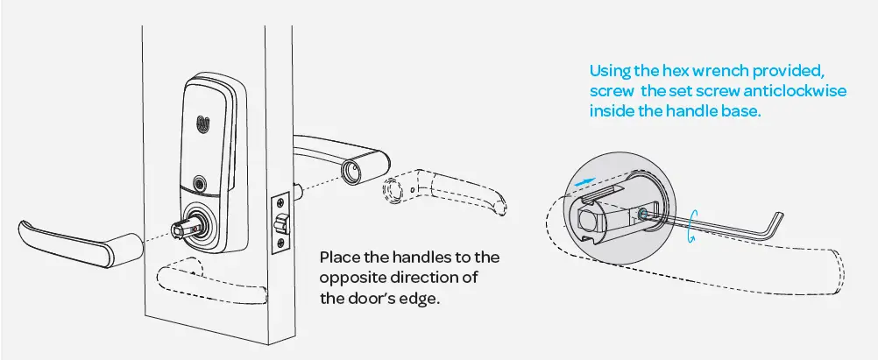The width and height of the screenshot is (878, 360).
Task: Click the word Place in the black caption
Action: click(x=338, y=258)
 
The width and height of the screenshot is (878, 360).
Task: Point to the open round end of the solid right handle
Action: click(x=353, y=171)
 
